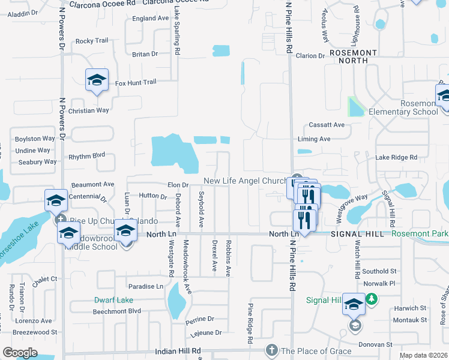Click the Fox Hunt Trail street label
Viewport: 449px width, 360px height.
[136, 82]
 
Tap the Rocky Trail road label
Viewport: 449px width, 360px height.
[92, 41]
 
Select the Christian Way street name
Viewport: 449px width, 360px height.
[89, 110]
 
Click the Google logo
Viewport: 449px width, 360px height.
[20, 353]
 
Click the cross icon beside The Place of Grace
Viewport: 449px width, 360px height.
[271, 350]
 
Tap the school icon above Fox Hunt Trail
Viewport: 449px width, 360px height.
[97, 80]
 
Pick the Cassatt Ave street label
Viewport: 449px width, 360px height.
[327, 125]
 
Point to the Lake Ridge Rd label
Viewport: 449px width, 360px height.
[396, 157]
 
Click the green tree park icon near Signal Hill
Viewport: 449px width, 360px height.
[372, 298]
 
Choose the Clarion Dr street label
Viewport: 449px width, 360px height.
[310, 56]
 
